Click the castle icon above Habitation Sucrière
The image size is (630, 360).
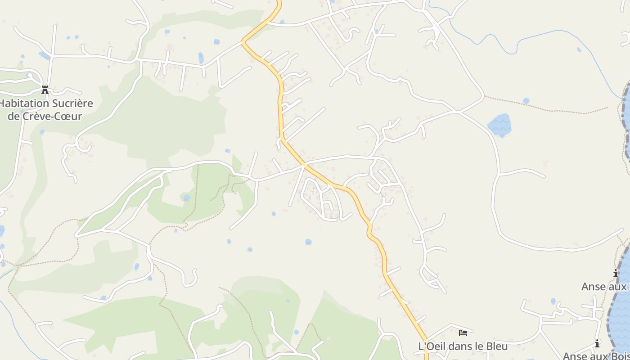[x=45, y=90]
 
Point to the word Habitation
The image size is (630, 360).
[x=23, y=103]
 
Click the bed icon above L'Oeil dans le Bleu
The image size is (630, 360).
[x=463, y=333]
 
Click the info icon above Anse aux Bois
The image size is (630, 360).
[x=597, y=343]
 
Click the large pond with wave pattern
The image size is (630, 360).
[x=499, y=124]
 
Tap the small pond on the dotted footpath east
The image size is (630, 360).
[x=526, y=101]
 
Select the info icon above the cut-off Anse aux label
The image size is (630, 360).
[x=616, y=273]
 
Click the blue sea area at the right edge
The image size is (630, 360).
[x=623, y=306]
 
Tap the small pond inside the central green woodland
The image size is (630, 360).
[x=186, y=198]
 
